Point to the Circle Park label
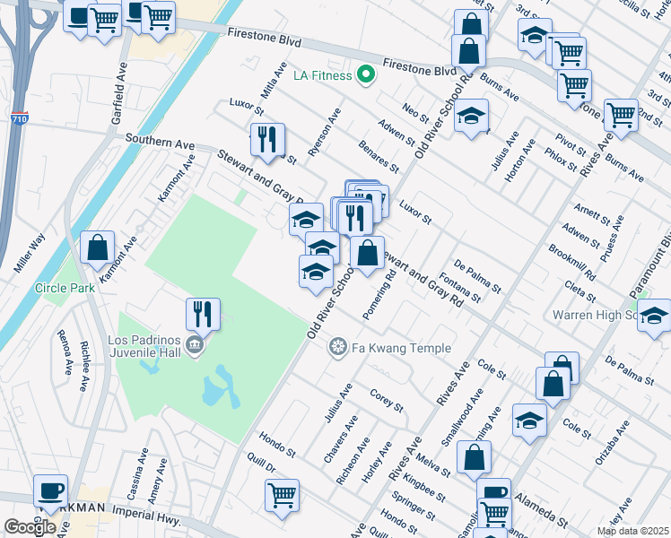coord(65,288)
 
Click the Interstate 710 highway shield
coord(20,117)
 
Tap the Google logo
coord(30,527)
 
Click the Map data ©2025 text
coord(632,531)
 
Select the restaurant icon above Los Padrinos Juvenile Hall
coord(203,314)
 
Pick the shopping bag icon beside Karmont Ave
coord(98,247)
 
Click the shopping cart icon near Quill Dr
coord(283,495)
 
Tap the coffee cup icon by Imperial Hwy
coord(50,491)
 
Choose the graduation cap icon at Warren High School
coord(655,316)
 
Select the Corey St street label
coord(388,399)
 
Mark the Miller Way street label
coord(30,254)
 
